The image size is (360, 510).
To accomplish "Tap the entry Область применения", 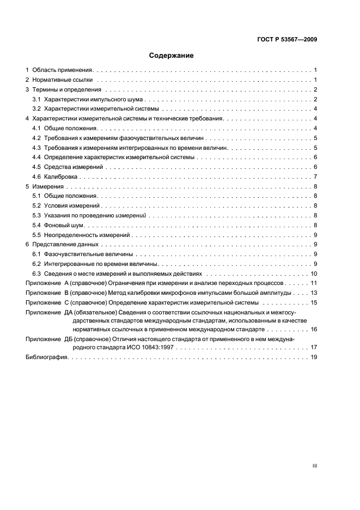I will (63, 70).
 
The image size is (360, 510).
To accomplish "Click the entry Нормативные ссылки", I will (60, 80).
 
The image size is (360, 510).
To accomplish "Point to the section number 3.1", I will (36, 99).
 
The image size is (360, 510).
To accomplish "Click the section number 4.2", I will (36, 138).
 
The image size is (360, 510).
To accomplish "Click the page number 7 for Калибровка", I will (315, 177).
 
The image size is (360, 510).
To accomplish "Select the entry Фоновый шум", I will (64, 225).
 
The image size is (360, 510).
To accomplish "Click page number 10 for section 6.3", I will (314, 274).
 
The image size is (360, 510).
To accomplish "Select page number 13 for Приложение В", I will (314, 293).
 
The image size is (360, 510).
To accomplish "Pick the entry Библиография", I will (46, 357).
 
